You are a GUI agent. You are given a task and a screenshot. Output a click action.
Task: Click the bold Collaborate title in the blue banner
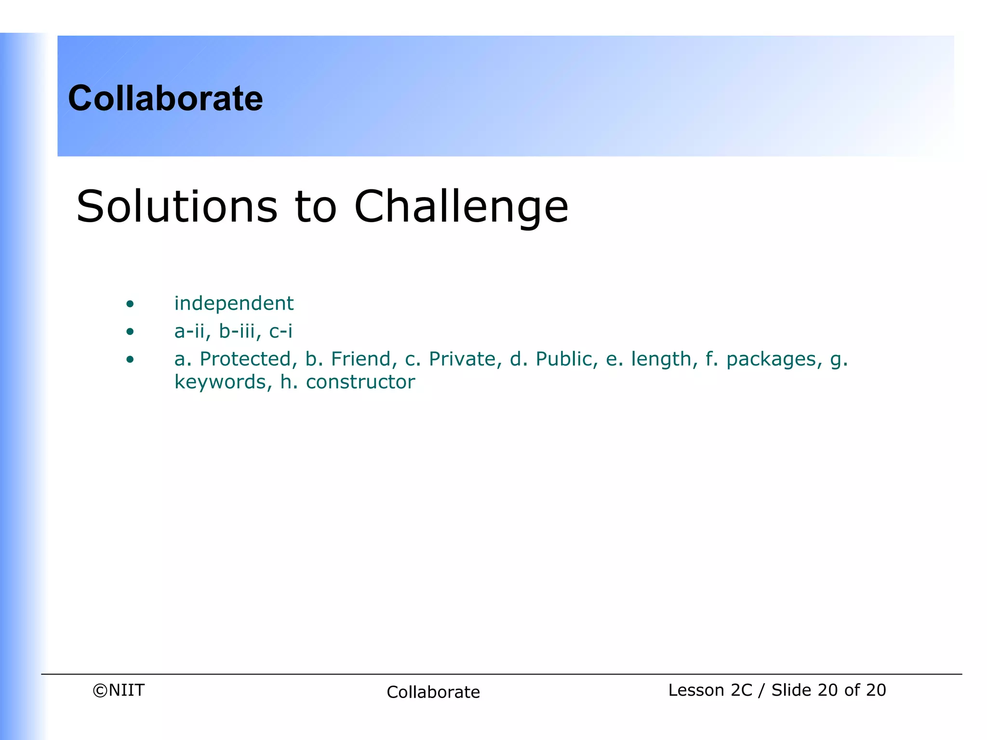(165, 98)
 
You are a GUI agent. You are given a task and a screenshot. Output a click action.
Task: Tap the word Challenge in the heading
(461, 207)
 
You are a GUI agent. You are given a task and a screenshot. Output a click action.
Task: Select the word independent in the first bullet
(234, 304)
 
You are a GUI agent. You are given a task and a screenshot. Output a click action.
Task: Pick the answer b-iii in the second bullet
(237, 331)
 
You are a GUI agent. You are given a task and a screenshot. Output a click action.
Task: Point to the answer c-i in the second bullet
(280, 331)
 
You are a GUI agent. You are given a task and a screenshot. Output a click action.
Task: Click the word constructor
(360, 382)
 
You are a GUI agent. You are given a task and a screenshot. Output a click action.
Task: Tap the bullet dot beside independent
(130, 304)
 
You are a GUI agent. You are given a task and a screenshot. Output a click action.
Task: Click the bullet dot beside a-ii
(130, 331)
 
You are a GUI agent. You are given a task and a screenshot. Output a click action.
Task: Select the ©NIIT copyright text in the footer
(119, 690)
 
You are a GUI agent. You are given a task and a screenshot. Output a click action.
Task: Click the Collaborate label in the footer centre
(433, 692)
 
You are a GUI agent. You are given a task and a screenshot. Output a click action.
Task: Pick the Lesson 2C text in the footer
(710, 690)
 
